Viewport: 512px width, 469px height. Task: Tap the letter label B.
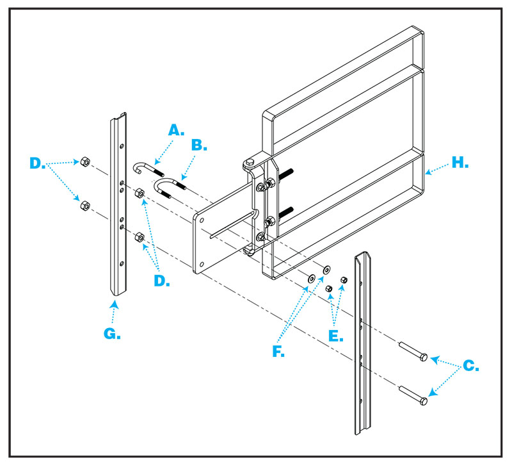200,145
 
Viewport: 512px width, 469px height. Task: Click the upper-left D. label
39,163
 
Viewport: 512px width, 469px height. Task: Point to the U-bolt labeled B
171,188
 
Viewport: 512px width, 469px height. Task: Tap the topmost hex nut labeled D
84,161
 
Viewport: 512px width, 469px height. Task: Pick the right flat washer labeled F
327,270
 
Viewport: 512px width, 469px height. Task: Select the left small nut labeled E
329,290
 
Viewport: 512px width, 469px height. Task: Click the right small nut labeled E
344,280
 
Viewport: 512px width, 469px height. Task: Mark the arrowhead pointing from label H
426,172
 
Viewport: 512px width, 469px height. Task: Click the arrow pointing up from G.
113,306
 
